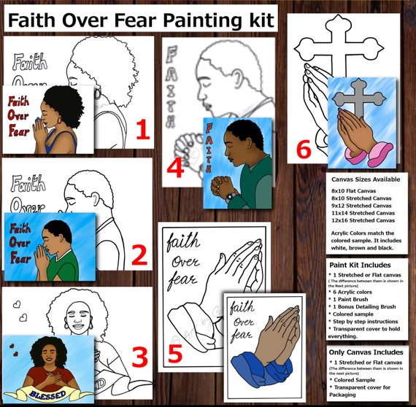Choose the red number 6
tap(305, 150)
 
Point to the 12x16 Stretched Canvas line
tap(363, 220)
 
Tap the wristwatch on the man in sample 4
tap(230, 195)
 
